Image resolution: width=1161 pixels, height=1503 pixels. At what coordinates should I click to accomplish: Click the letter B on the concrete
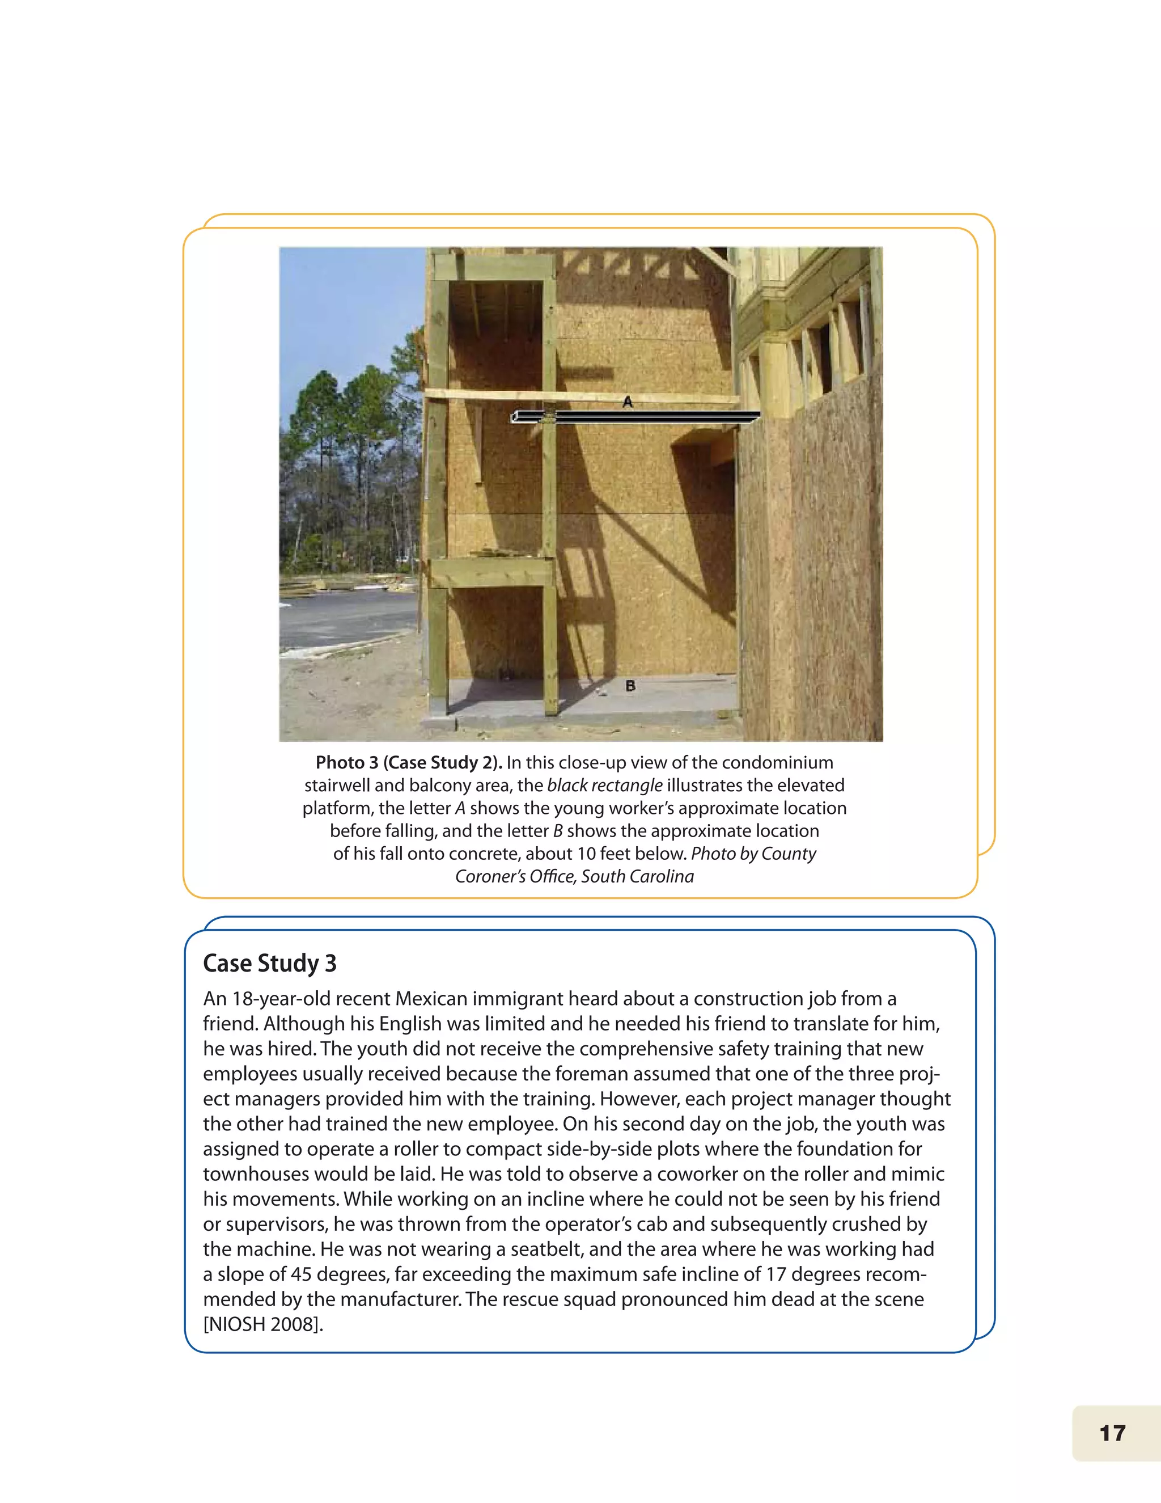630,686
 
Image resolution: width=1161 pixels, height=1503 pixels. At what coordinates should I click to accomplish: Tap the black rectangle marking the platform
636,416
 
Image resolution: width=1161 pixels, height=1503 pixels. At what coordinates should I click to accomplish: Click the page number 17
1112,1433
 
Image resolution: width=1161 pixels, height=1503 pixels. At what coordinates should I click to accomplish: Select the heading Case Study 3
270,963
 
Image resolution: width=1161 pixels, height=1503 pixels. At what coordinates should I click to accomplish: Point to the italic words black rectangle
604,785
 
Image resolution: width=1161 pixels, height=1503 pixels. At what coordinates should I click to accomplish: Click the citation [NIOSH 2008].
262,1324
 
